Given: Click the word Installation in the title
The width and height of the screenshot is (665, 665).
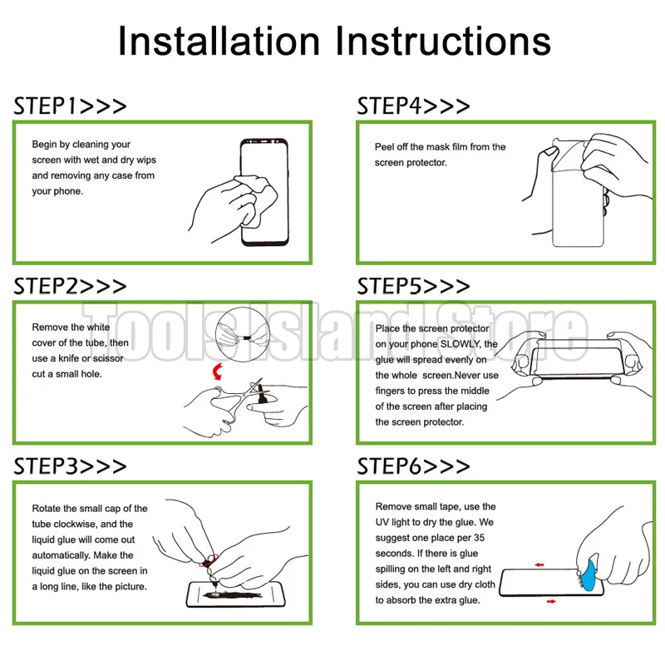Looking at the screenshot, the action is (x=219, y=41).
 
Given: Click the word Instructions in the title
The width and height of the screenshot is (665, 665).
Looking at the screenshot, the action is (x=443, y=41).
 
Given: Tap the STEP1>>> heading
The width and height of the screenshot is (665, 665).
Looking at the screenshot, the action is (x=70, y=106).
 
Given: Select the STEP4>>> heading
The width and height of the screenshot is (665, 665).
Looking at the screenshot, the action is (x=413, y=106).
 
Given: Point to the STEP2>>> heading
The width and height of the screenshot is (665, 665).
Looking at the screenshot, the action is (x=70, y=286).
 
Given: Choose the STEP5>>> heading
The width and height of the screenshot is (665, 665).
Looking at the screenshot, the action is (x=413, y=286).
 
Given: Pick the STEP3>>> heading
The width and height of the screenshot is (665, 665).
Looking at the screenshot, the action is (x=70, y=466).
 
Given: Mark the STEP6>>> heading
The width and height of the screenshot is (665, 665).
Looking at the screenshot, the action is (x=413, y=466).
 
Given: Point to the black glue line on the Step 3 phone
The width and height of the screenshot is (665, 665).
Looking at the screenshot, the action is (x=233, y=594).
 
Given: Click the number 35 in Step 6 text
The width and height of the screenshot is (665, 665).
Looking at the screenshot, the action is (x=480, y=538).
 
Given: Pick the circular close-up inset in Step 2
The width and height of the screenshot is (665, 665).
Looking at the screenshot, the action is (x=243, y=334).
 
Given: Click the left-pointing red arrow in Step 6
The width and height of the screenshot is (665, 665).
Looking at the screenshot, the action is (x=539, y=565).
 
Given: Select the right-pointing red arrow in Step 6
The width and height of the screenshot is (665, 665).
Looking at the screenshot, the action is (x=551, y=601).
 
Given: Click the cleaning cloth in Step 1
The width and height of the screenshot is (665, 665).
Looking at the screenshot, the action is (x=257, y=199).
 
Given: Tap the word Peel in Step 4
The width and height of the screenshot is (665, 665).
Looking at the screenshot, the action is (x=384, y=147).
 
